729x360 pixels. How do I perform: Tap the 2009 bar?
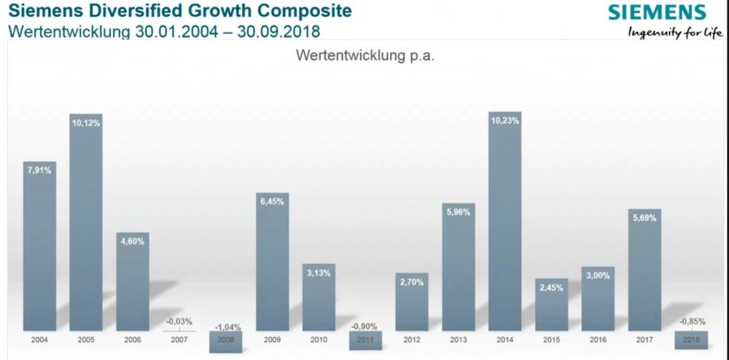coord(272,262)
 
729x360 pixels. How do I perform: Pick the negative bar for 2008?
coord(225,342)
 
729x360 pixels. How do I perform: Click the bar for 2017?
coord(644,270)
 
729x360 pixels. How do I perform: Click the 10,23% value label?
coord(504,122)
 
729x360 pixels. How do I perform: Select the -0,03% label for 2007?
coord(179,321)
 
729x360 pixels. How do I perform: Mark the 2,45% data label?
coord(551,286)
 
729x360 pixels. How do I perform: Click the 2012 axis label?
coord(411,340)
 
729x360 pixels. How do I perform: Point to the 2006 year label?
coord(133,340)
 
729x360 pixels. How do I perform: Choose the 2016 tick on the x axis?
coord(597,340)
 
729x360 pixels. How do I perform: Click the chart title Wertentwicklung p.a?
coord(364,56)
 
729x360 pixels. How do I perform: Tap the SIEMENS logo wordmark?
coord(657,12)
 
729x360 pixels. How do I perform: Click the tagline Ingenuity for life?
coord(674,32)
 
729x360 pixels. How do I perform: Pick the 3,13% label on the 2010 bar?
coord(319,274)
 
